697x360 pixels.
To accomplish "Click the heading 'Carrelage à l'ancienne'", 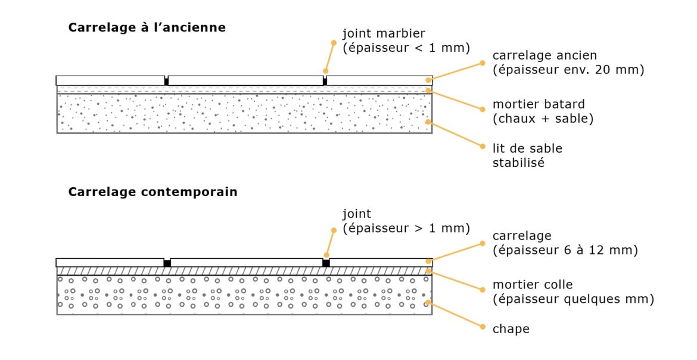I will point(147,27).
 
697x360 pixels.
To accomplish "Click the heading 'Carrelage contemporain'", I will point(153,192).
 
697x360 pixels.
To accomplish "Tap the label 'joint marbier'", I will point(384,33).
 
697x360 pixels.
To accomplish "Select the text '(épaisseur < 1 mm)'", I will point(406,48).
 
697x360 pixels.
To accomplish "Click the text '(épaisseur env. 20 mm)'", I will point(568,70).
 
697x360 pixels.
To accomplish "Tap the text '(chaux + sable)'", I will point(543,119).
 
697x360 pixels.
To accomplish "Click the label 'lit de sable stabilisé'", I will point(527,154).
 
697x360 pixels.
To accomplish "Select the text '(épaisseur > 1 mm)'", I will point(406,228).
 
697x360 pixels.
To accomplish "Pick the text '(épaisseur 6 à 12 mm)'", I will point(565,250).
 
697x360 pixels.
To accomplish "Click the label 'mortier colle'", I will point(532,285).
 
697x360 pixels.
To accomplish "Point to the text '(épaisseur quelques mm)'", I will point(573,299).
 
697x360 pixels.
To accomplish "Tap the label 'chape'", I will point(511,328).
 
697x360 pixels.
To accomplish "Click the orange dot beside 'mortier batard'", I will point(482,108).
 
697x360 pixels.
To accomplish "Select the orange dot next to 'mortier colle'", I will point(482,289).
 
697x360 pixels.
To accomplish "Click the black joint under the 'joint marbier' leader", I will point(325,81).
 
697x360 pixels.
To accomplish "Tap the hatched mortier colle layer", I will point(238,271).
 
